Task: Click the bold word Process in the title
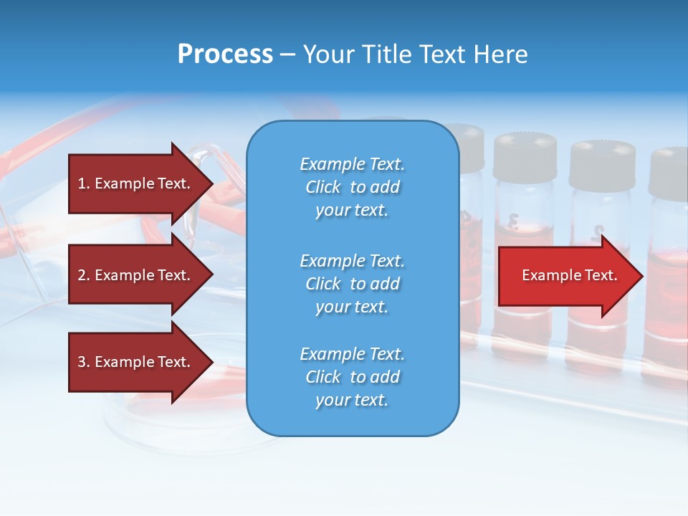click(x=225, y=54)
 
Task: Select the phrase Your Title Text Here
click(x=415, y=54)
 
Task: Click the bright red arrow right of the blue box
click(x=566, y=276)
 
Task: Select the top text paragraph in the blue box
click(x=352, y=187)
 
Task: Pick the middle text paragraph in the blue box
click(x=352, y=283)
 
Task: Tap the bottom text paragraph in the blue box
click(x=352, y=377)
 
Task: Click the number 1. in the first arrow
click(x=84, y=183)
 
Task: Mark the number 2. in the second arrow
click(x=84, y=275)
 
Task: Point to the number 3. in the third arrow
click(x=84, y=362)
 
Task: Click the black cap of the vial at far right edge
click(x=670, y=172)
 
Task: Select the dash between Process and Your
click(x=287, y=54)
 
